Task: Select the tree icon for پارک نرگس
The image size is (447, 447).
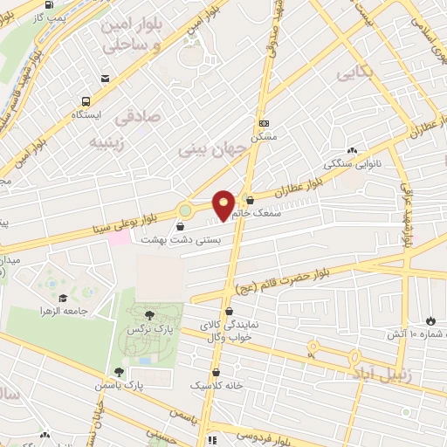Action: point(151,314)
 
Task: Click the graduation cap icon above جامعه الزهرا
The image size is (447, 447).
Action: point(63,298)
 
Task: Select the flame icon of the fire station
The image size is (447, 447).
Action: point(430,320)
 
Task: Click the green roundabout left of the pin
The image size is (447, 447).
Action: point(186,210)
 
